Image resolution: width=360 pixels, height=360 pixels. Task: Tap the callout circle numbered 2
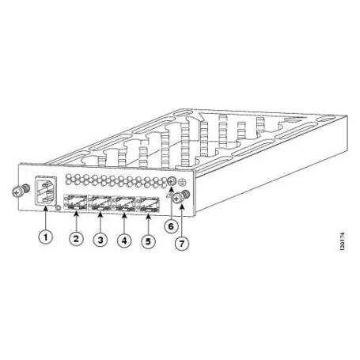pyautogui.click(x=77, y=237)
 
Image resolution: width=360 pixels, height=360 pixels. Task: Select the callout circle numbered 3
pyautogui.click(x=100, y=240)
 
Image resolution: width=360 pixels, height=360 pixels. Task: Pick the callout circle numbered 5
pyautogui.click(x=149, y=240)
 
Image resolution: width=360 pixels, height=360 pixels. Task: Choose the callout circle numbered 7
pyautogui.click(x=184, y=243)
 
